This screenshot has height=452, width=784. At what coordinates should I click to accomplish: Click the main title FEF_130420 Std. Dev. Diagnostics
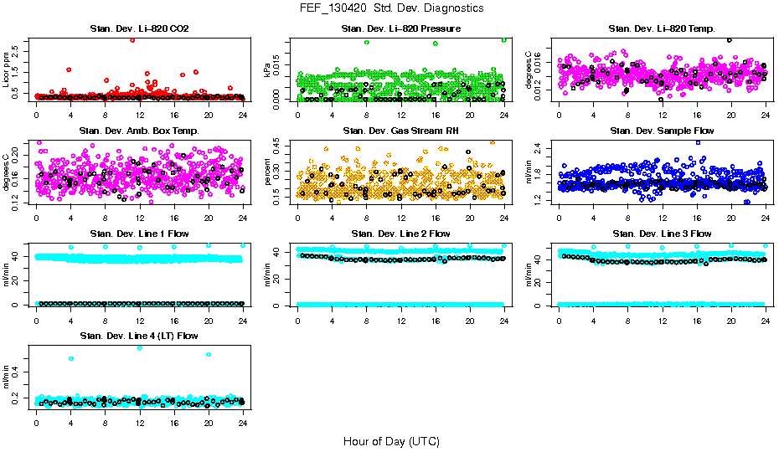coord(391,8)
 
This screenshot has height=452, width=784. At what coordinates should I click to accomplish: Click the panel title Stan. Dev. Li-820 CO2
coord(139,28)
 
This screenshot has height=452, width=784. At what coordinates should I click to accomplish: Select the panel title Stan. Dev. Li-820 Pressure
coord(401,28)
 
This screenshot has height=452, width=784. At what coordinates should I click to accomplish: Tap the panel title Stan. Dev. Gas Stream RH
coord(401,131)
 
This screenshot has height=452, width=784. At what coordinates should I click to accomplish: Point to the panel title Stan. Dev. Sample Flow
coord(662,131)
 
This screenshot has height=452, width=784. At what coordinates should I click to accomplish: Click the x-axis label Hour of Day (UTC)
coord(391,440)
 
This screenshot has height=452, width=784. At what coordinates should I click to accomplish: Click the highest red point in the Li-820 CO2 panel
coord(132,40)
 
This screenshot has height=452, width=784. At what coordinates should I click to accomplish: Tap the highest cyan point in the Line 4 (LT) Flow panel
coord(140,347)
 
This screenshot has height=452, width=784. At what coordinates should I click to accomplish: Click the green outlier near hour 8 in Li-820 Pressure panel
coord(366,43)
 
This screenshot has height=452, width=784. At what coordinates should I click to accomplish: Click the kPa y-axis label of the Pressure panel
coord(268,70)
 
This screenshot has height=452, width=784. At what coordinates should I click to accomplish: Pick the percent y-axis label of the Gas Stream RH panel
coord(268,172)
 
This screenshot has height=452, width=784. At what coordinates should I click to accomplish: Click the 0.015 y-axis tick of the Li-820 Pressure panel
coord(279,54)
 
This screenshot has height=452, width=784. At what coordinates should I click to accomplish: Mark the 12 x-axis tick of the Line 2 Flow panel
coord(400,321)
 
